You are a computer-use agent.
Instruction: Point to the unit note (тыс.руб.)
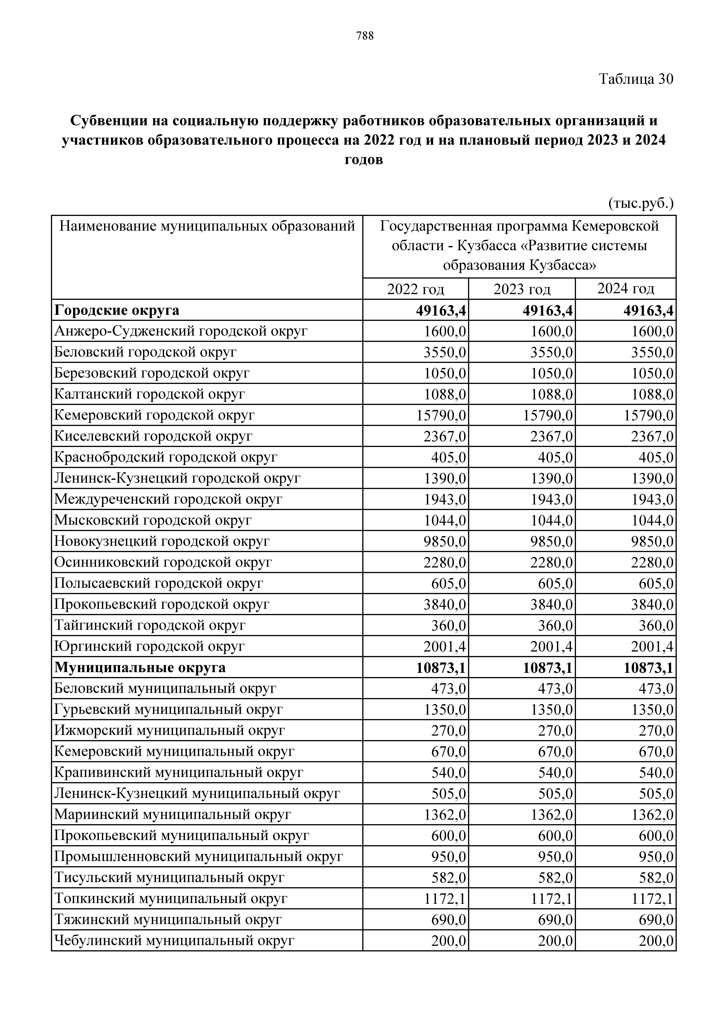click(641, 203)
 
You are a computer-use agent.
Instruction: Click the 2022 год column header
click(415, 289)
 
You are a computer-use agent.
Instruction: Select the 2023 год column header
click(522, 289)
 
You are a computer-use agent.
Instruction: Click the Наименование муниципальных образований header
click(207, 226)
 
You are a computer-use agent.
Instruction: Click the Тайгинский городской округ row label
click(150, 625)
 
